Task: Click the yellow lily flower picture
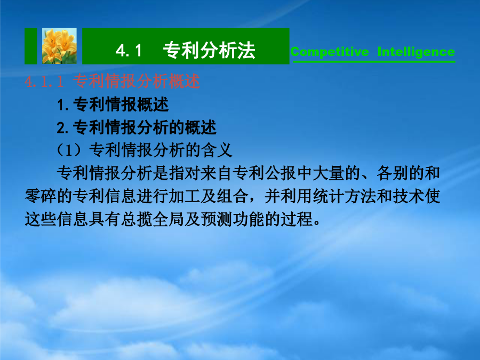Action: click(x=59, y=46)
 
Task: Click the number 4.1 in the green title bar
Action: click(x=129, y=50)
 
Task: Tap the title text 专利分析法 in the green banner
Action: click(x=209, y=50)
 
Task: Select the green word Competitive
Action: click(x=330, y=52)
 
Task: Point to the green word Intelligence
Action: click(x=416, y=52)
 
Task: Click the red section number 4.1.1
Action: click(x=44, y=82)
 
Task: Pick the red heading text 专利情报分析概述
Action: click(x=137, y=82)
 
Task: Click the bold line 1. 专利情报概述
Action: click(x=113, y=105)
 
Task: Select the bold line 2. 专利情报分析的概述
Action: click(x=137, y=127)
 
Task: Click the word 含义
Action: click(x=217, y=150)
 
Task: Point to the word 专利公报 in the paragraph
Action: click(x=265, y=173)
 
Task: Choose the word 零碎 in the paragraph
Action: click(x=41, y=196)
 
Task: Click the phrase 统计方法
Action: click(x=345, y=196)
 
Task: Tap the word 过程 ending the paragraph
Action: click(x=297, y=219)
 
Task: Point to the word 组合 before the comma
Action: click(x=233, y=196)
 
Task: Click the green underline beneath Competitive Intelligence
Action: click(x=374, y=62)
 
